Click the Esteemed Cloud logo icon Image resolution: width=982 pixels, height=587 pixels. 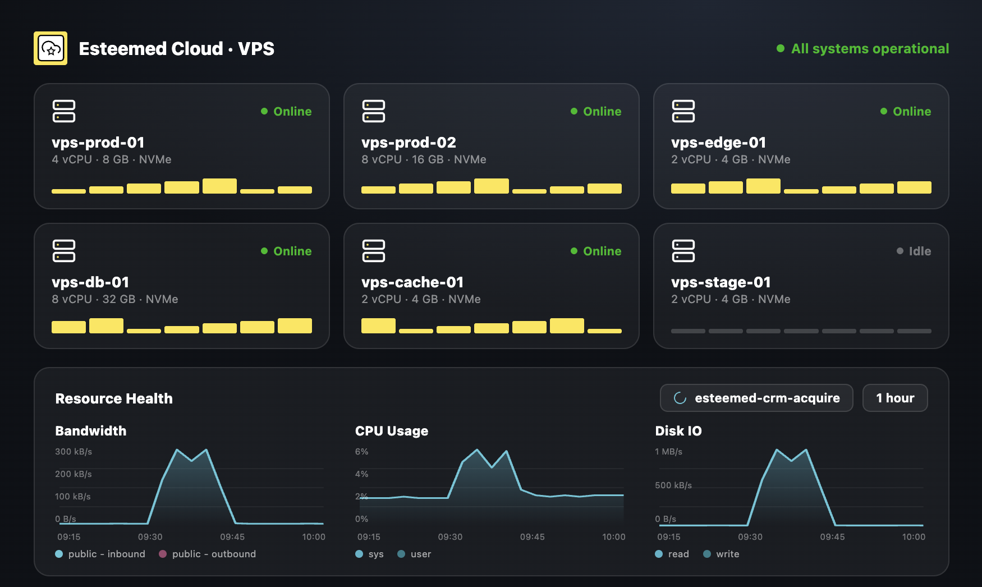click(x=51, y=48)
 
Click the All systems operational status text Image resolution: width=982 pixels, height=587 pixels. click(x=870, y=49)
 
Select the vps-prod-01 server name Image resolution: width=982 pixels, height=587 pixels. click(x=98, y=143)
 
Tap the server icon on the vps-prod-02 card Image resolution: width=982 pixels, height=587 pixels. click(x=374, y=111)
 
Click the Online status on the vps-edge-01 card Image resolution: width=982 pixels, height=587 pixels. click(x=906, y=111)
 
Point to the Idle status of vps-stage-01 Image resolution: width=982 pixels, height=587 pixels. click(x=914, y=251)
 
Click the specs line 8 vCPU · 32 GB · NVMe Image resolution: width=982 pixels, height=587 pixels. click(x=115, y=299)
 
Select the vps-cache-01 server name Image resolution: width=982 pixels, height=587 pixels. click(x=412, y=282)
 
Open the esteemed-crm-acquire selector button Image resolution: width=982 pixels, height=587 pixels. click(x=756, y=398)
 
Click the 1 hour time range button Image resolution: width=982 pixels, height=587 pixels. click(x=895, y=398)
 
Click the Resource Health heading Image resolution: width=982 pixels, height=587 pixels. click(x=114, y=398)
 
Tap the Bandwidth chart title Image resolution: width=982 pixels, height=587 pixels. click(x=91, y=431)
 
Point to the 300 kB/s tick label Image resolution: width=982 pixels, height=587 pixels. click(x=74, y=452)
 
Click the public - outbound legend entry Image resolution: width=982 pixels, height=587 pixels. click(x=208, y=554)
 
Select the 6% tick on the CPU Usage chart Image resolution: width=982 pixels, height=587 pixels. click(x=362, y=452)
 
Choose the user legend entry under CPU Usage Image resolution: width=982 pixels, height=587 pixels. click(x=414, y=554)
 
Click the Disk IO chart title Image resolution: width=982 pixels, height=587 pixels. click(x=678, y=431)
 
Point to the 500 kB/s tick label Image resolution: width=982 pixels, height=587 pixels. click(x=673, y=485)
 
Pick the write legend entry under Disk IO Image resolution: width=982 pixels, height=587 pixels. click(x=721, y=554)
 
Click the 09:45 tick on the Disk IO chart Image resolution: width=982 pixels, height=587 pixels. click(x=832, y=537)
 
